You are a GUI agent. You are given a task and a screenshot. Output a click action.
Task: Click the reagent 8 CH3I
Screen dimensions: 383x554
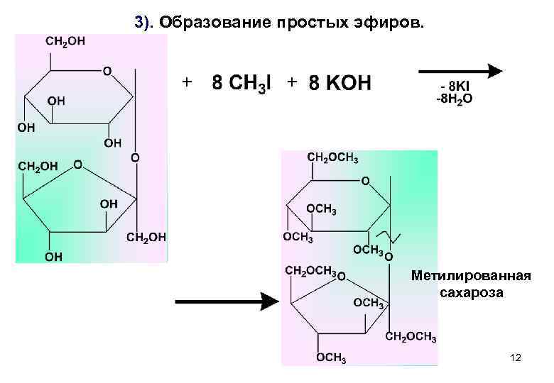coord(241,84)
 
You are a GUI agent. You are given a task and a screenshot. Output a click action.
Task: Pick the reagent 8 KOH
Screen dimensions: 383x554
coord(340,84)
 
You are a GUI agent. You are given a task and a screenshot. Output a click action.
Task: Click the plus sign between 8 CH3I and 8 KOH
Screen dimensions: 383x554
coord(292,82)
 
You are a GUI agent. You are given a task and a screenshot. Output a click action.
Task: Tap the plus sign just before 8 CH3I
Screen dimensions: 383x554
coord(186,82)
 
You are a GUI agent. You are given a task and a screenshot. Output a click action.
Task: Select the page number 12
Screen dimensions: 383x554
coord(516,359)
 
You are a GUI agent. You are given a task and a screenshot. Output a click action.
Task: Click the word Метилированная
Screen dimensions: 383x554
coord(470,276)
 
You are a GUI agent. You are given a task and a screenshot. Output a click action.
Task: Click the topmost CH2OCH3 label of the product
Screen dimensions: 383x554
coord(332,157)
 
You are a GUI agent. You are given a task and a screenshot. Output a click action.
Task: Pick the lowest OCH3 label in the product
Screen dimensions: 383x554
coord(331,357)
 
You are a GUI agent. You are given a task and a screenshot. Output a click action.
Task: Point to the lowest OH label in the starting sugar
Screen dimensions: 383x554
coord(53,256)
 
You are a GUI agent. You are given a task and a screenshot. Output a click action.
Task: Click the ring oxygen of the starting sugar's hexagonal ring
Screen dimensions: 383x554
coord(107,71)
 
